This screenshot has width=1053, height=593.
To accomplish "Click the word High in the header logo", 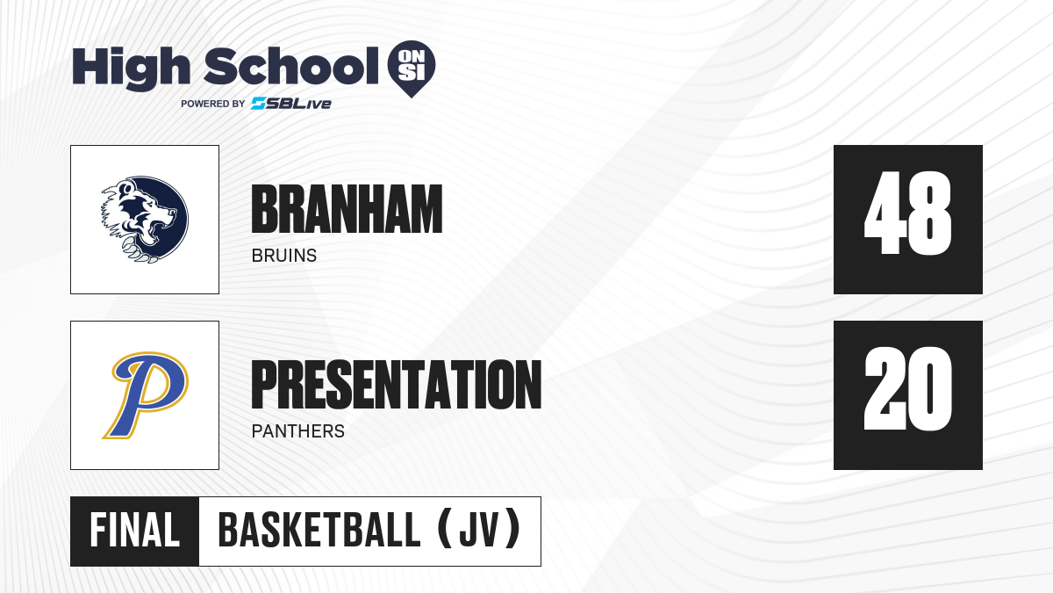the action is tap(131, 69).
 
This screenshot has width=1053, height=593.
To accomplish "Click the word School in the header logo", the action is tap(291, 65).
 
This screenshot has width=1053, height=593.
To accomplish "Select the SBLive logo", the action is tap(291, 104).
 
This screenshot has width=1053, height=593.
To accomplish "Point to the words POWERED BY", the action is tap(213, 104).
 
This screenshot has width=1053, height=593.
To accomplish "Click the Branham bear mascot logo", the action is tap(145, 220).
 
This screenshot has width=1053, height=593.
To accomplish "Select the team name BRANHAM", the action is tap(347, 209).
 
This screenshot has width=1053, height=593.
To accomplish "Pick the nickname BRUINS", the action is tap(284, 256).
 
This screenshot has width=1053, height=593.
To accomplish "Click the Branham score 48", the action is tap(907, 213).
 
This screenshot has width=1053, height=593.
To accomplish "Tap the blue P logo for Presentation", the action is tap(146, 395).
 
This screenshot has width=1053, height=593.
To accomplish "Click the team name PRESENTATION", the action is tap(397, 385).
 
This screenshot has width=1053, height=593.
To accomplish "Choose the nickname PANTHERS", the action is tap(298, 431).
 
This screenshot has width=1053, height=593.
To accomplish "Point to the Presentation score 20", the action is tap(907, 388).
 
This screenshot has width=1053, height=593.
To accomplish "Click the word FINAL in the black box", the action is tap(135, 531).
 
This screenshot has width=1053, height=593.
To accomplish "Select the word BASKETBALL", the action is tap(319, 531).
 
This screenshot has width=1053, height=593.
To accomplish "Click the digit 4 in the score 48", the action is tap(885, 213).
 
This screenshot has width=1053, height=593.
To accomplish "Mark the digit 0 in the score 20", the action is tap(930, 388).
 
